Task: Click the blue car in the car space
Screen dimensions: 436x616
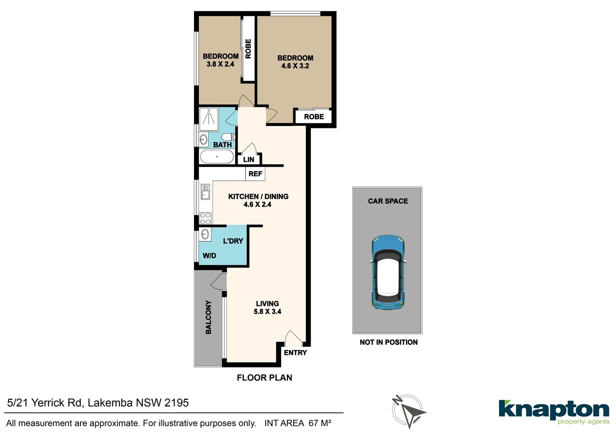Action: (x=388, y=272)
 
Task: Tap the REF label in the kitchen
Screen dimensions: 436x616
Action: (x=255, y=174)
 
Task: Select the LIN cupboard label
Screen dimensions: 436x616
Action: (x=249, y=159)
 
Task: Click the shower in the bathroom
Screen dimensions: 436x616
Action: (x=209, y=117)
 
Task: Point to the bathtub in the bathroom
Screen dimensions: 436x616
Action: (x=217, y=157)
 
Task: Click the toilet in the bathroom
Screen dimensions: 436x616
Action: (x=228, y=136)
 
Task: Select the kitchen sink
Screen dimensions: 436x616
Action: (x=206, y=192)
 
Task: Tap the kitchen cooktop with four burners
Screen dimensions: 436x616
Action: (x=206, y=218)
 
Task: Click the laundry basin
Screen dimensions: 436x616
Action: (x=205, y=234)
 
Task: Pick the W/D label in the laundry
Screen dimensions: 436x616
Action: (x=209, y=256)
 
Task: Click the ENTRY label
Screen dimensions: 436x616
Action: (x=295, y=353)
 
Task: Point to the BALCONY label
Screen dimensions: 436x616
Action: (x=208, y=317)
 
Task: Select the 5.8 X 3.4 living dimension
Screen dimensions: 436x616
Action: (x=267, y=312)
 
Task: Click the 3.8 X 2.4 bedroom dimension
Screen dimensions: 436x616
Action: (x=221, y=64)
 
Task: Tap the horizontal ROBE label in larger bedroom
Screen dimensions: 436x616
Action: (x=314, y=117)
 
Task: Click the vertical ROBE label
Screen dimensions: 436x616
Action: (x=248, y=49)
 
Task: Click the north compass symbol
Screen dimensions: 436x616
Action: (x=408, y=411)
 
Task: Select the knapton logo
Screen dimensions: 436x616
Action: (x=554, y=412)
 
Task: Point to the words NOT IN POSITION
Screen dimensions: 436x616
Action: (x=389, y=342)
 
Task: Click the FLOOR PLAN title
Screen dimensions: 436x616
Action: (x=264, y=378)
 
